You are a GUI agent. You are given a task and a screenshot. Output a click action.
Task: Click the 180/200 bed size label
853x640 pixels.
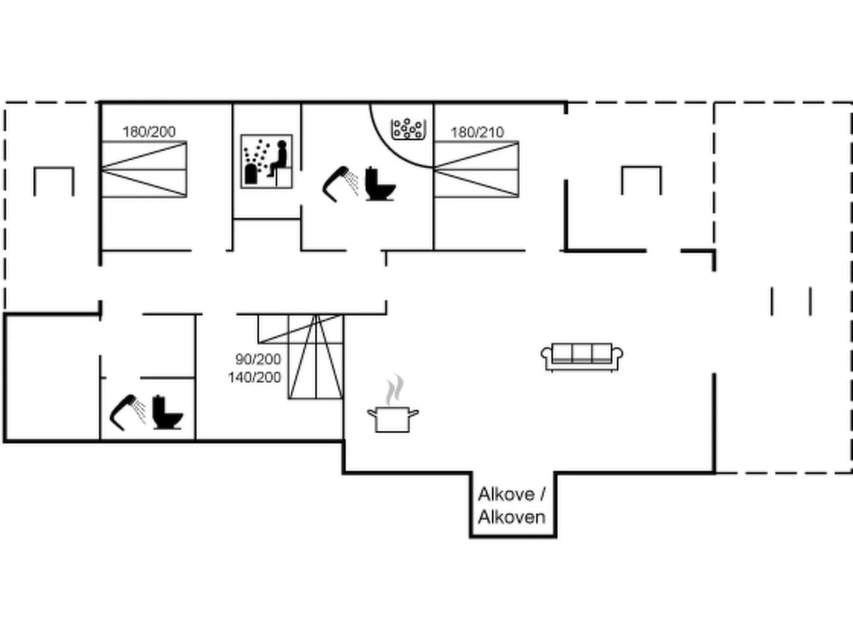coord(149,132)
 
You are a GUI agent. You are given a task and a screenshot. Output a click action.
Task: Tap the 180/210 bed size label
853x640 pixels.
coord(477,132)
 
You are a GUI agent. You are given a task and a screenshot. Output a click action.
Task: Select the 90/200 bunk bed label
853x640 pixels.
coord(258,359)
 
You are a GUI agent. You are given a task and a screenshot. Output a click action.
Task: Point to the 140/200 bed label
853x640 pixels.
coord(254,377)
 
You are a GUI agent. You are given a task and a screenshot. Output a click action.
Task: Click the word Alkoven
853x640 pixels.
coord(512,517)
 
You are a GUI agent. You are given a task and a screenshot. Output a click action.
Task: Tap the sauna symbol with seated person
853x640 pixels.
coord(267,161)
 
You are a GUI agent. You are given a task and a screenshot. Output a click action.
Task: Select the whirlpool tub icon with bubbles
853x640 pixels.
coord(408,129)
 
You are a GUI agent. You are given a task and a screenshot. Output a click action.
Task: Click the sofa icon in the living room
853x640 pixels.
coord(582,357)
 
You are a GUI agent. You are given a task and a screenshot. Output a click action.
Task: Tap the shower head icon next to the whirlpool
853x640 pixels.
coord(340,184)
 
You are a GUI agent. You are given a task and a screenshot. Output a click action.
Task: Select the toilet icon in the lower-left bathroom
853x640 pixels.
coord(167,412)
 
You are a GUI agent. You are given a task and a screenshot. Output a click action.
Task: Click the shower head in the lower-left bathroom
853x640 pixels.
coord(127,412)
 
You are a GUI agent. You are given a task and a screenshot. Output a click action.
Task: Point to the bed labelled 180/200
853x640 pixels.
coord(144,169)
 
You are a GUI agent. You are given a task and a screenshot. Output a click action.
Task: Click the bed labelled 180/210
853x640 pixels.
coord(476,169)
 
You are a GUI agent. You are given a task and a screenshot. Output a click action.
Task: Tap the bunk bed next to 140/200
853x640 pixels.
coord(301,356)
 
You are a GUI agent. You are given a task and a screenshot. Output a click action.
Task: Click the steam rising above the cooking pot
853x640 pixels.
coord(395,389)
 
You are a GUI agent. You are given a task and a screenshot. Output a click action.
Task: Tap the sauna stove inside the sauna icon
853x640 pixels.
coord(251,174)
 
